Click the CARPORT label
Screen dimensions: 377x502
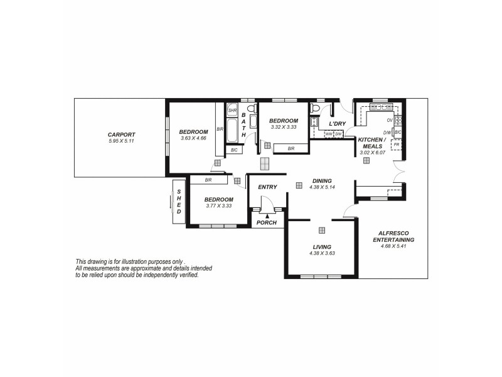point(121,134)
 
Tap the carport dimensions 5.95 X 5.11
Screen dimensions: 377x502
point(121,141)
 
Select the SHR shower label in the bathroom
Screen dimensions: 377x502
point(232,111)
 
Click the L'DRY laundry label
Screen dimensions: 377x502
point(338,124)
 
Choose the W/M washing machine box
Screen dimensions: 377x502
point(328,134)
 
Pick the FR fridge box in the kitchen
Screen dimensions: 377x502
point(396,145)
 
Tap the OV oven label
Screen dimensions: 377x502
point(389,120)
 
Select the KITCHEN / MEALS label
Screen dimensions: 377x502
point(373,143)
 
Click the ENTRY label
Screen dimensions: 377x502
point(267,187)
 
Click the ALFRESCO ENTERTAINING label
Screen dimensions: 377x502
point(393,236)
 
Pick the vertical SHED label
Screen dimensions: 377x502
point(179,202)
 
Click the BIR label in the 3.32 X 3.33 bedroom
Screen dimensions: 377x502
point(291,149)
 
